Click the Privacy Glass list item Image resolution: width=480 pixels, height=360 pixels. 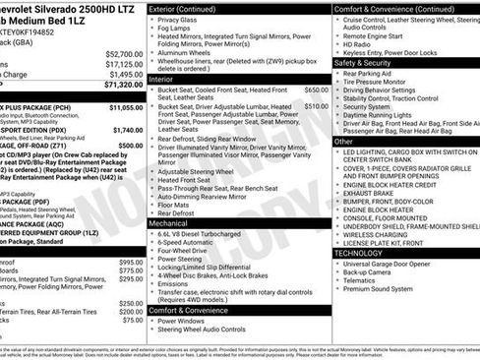point(184,18)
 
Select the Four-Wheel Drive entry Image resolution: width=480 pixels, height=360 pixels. point(190,252)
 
